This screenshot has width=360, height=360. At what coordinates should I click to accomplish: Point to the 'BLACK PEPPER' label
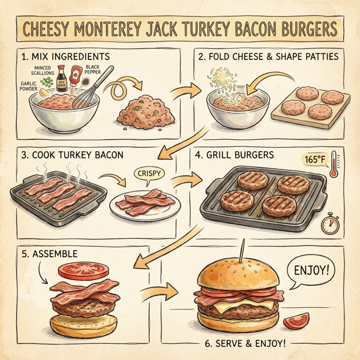click(95, 71)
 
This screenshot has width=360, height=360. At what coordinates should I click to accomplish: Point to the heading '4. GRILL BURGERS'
click(235, 155)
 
